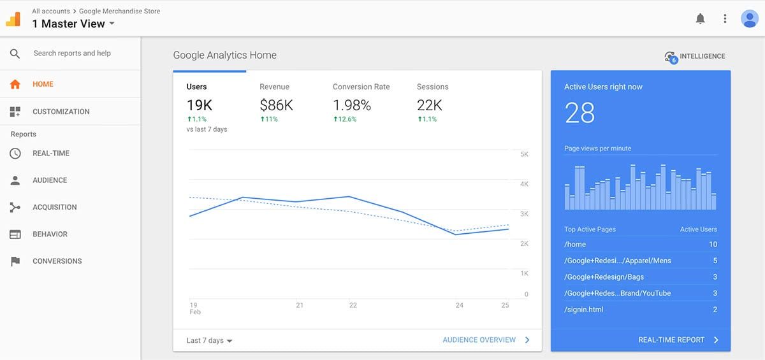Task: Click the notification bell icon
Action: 700,19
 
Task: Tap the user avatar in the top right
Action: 749,19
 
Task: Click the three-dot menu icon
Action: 725,19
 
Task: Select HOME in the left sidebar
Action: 43,84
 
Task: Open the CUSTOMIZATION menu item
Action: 61,112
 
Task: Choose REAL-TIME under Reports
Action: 51,154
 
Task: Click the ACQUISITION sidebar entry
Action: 54,207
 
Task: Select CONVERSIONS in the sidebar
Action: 57,261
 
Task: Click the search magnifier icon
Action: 15,54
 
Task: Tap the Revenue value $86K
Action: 276,105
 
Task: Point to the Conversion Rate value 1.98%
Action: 352,105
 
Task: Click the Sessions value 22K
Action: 429,105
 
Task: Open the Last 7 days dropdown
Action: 209,340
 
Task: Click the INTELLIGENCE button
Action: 695,57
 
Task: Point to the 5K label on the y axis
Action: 524,155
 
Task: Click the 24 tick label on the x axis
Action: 459,306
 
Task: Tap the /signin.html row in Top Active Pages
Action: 583,310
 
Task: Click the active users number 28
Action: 579,113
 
